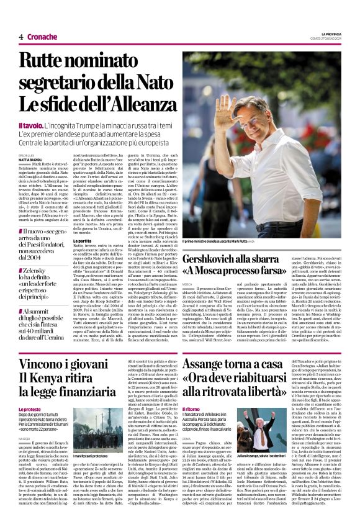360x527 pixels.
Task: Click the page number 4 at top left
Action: point(21,37)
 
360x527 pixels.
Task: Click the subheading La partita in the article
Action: point(84,240)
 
